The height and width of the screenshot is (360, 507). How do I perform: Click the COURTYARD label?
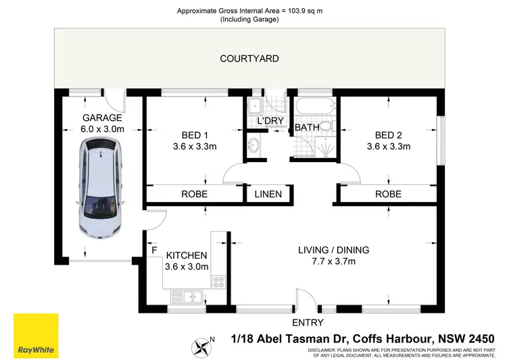(x=249, y=59)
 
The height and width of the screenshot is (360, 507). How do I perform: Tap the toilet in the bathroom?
(x=327, y=126)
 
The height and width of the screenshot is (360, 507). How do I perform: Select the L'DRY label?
(x=269, y=121)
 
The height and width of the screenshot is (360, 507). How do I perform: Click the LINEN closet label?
(x=268, y=194)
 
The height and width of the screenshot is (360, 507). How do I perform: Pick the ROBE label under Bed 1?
(x=194, y=194)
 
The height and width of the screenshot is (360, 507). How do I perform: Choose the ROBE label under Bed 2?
(x=388, y=194)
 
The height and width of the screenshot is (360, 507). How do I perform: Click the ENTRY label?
(x=308, y=323)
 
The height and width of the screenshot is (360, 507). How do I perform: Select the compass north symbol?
(x=202, y=347)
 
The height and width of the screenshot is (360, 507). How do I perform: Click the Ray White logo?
(x=36, y=335)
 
